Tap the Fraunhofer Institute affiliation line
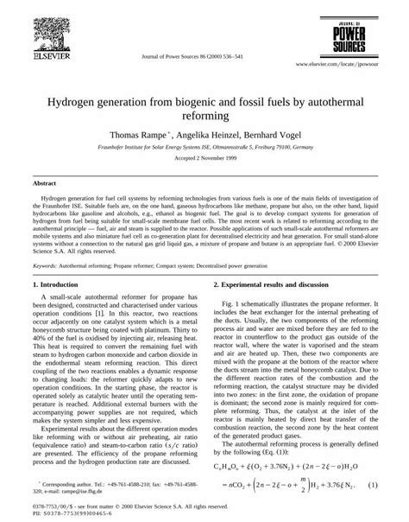(204, 150)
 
